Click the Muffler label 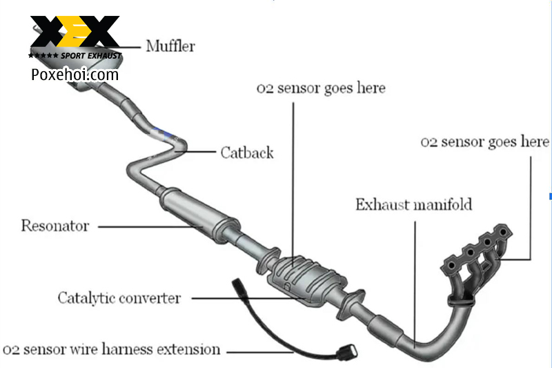(170, 46)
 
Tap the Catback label (247, 153)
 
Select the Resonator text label (55, 226)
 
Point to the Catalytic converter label (119, 298)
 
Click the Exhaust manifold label (413, 204)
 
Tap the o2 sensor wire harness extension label (111, 349)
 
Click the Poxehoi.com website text (75, 75)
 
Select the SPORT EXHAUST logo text (91, 56)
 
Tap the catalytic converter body (307, 280)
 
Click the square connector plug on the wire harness (348, 352)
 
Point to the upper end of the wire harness (237, 282)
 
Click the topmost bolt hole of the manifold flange (504, 232)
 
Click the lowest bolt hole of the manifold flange (451, 265)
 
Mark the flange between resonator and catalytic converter (268, 261)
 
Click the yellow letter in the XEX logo (75, 31)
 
